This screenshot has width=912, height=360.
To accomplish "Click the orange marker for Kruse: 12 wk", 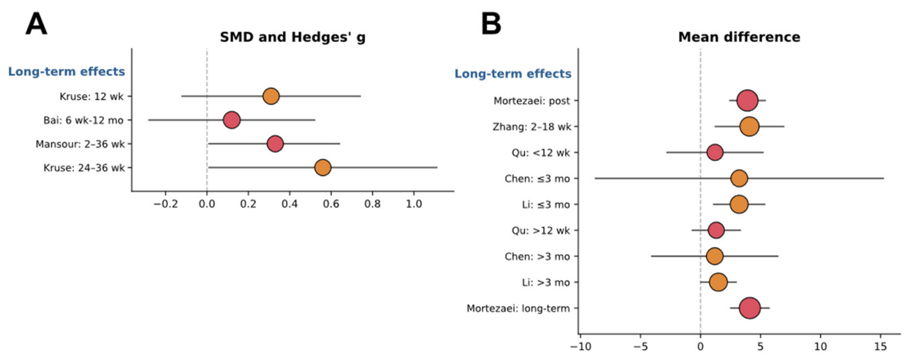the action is click(x=271, y=96).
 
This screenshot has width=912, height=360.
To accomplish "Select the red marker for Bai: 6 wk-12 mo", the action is click(x=232, y=120).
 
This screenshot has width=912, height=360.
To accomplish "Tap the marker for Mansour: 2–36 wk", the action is click(x=275, y=144).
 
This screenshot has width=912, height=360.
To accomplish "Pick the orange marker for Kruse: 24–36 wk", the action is click(x=323, y=167).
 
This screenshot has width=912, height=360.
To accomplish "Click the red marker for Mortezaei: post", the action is click(x=747, y=101).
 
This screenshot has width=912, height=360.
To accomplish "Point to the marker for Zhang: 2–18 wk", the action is click(x=749, y=127).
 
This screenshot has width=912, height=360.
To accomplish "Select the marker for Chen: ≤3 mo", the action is click(x=739, y=179).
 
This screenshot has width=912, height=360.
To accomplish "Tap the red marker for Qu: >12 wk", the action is click(x=716, y=230).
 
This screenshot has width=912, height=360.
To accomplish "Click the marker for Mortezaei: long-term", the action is click(x=750, y=309).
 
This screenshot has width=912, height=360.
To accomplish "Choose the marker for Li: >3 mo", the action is click(x=718, y=282).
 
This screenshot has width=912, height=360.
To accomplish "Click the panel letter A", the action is click(x=36, y=24).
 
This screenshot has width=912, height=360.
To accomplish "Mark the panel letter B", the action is click(x=491, y=24).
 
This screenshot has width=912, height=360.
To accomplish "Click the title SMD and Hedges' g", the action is click(x=293, y=37).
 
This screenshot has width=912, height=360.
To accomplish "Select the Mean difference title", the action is click(x=739, y=37).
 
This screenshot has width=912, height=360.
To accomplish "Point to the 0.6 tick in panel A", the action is click(x=331, y=204).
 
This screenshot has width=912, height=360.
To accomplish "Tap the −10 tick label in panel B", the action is click(x=580, y=346).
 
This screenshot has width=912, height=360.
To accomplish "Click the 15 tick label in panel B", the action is click(x=881, y=346).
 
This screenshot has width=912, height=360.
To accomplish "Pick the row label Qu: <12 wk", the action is click(x=541, y=153).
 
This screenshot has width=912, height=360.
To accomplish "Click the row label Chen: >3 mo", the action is click(x=537, y=256).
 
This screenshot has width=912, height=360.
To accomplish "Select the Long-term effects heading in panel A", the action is click(x=66, y=72).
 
